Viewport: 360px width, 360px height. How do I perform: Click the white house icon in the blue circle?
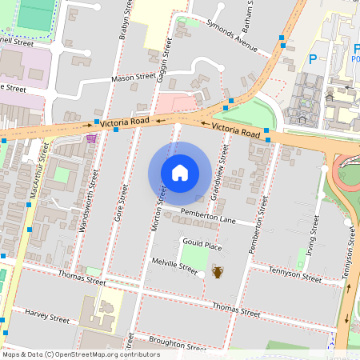click(x=180, y=172)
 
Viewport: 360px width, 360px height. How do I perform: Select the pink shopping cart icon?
click(x=92, y=138)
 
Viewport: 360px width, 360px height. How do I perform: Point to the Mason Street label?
click(x=132, y=78)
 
